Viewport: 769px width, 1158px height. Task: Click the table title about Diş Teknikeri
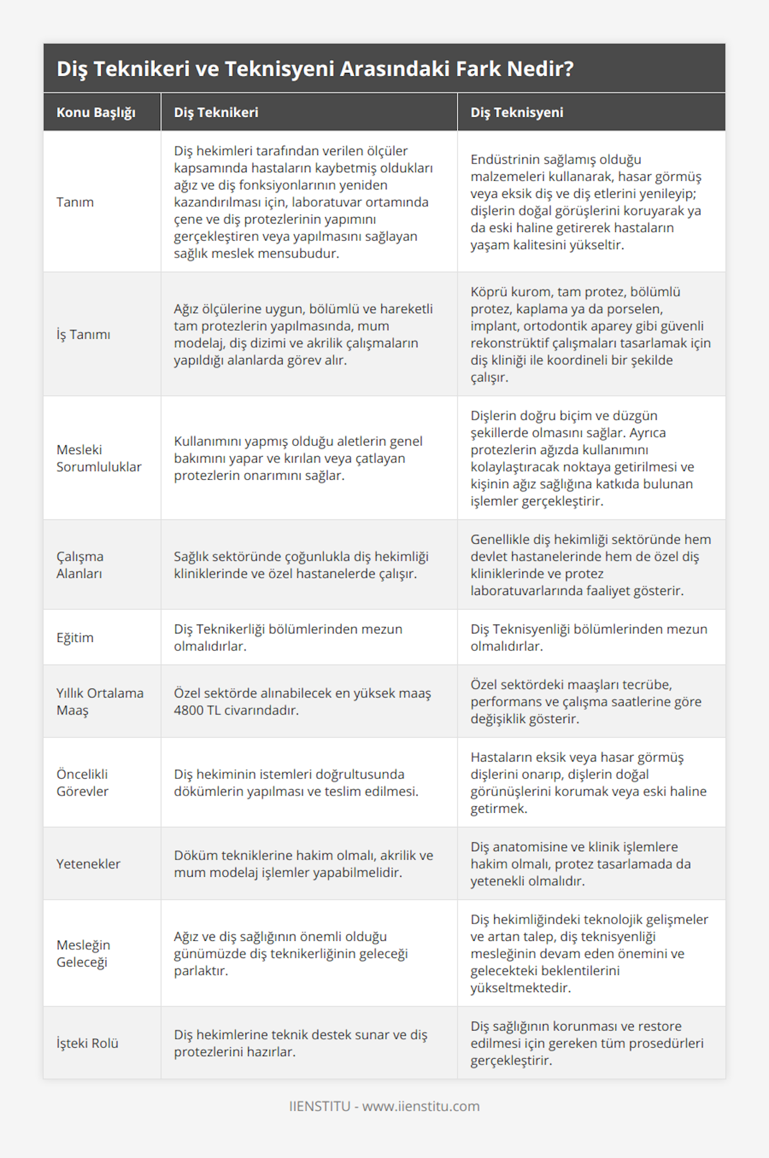point(315,69)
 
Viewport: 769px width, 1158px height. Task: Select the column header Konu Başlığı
point(95,113)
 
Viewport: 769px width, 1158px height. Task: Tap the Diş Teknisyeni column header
point(517,113)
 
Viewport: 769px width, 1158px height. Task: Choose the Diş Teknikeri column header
point(216,113)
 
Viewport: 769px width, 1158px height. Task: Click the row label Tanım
point(75,202)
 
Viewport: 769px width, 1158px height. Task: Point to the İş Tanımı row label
point(83,334)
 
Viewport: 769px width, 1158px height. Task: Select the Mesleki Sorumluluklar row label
point(99,458)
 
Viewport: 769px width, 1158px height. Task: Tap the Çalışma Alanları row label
point(80,565)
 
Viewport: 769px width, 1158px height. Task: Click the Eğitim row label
point(75,637)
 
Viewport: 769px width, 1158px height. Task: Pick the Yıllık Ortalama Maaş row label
point(100,701)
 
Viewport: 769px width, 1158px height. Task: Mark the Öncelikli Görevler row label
point(83,783)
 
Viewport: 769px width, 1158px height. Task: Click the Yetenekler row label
point(88,864)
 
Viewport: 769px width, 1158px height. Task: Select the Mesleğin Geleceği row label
point(83,953)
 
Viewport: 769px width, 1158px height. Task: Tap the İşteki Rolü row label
point(88,1043)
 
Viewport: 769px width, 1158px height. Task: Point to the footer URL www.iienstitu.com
point(421,1106)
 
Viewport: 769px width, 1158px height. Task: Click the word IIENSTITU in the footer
point(320,1106)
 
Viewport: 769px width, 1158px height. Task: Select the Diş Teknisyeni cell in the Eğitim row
point(589,637)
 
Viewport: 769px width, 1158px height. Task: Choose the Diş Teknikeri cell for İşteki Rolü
point(301,1043)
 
